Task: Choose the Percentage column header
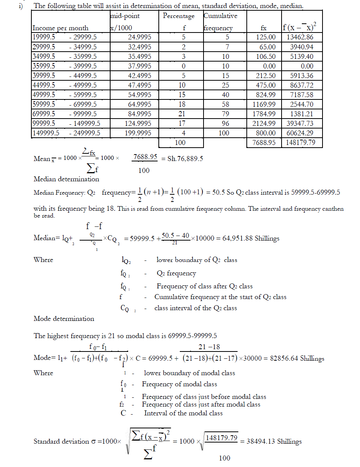point(179,16)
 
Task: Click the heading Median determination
point(66,179)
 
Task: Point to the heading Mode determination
point(64,319)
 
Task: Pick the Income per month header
point(60,28)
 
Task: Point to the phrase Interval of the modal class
point(183,413)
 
